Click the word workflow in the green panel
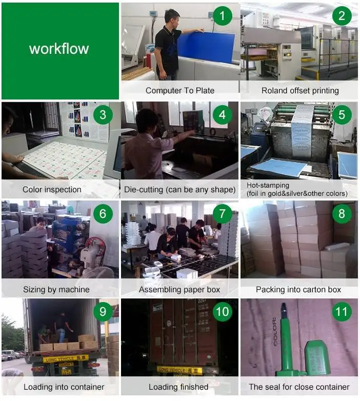(x=59, y=49)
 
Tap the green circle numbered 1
(x=223, y=16)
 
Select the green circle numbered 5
(x=342, y=115)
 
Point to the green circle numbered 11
(x=342, y=311)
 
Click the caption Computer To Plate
(x=180, y=91)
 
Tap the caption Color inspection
(x=52, y=190)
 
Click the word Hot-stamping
(x=268, y=186)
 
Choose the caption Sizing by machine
(x=56, y=290)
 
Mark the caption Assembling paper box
(x=179, y=290)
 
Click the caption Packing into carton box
(x=298, y=290)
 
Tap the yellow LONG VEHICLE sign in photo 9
(x=66, y=358)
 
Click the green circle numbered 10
(x=223, y=311)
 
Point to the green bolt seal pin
(x=286, y=340)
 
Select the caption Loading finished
(x=178, y=387)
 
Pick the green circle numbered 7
(x=223, y=214)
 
